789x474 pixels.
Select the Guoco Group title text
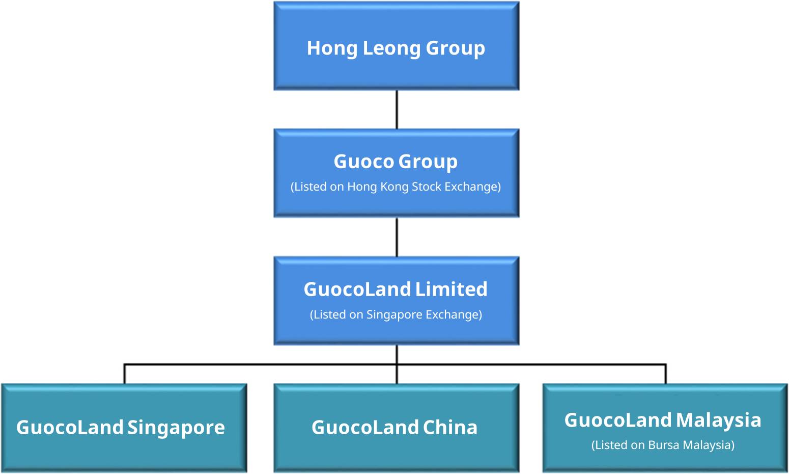point(396,161)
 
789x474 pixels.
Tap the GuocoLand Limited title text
point(396,289)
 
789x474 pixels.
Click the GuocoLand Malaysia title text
point(663,420)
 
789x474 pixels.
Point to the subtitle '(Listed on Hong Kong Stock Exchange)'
point(396,187)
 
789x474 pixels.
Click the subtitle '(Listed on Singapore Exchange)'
point(396,314)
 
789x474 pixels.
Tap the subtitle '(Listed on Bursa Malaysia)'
point(663,445)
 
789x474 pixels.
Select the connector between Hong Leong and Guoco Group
point(397,110)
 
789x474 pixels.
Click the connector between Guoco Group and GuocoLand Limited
point(397,237)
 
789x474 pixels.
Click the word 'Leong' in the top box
point(391,48)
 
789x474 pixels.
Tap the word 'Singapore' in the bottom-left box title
point(176,428)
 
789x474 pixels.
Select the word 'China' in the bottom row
point(450,427)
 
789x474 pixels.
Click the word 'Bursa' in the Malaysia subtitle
point(664,445)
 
